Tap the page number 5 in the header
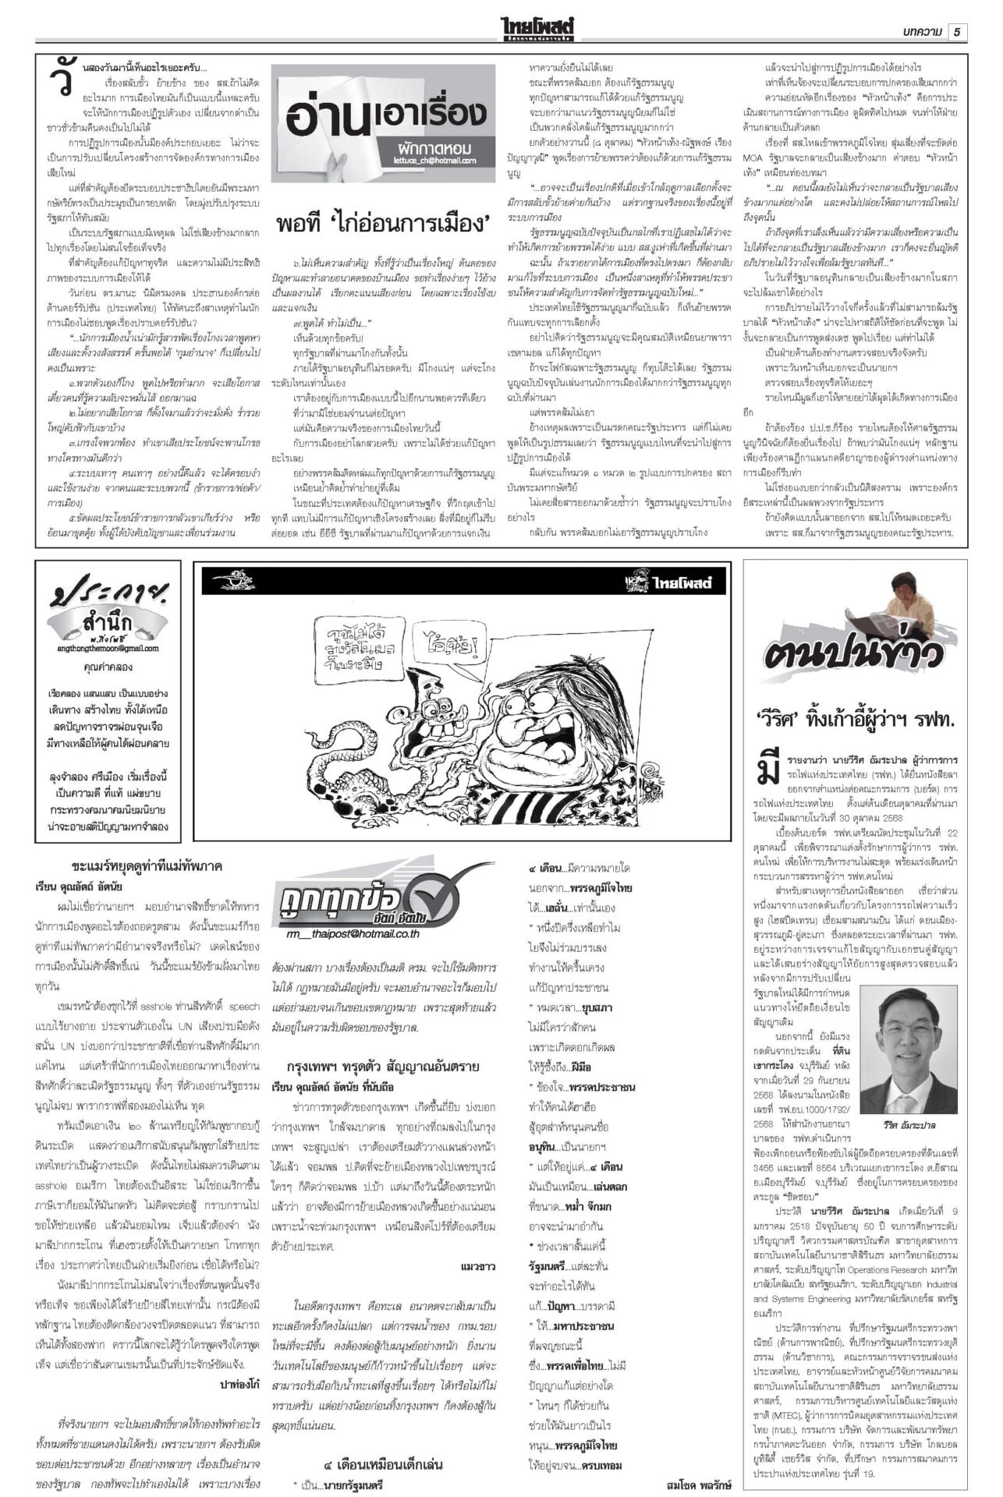coord(957,31)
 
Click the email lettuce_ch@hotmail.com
coord(435,161)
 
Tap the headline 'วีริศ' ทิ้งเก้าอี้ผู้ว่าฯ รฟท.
coord(855,717)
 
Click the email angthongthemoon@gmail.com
coord(108,648)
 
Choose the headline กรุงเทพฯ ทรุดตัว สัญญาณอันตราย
coord(382,1066)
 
